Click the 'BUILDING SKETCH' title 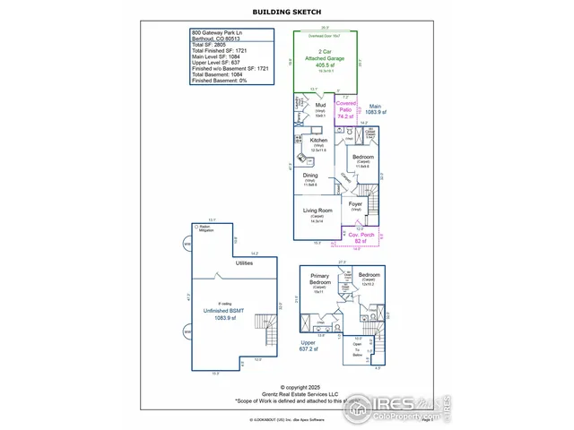click(286, 12)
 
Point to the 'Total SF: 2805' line click(208, 43)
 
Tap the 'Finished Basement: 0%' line click(220, 81)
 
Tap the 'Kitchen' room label click(319, 140)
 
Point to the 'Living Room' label click(318, 211)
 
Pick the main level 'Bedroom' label click(363, 158)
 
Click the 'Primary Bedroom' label click(319, 279)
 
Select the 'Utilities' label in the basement click(244, 263)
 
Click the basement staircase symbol click(262, 323)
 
